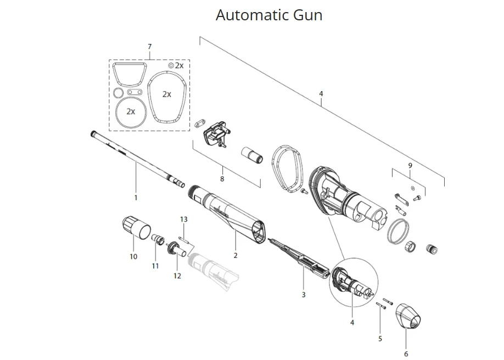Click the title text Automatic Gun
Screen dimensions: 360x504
pyautogui.click(x=269, y=15)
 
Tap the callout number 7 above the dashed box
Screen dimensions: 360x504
pyautogui.click(x=149, y=47)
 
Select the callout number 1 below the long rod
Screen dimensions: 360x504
pyautogui.click(x=136, y=197)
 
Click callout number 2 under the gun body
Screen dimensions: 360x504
pyautogui.click(x=236, y=256)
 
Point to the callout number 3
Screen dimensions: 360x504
pyautogui.click(x=304, y=295)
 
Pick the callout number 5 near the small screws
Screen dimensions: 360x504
pyautogui.click(x=380, y=339)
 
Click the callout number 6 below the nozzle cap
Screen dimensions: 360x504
pyautogui.click(x=406, y=354)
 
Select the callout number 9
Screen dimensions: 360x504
pyautogui.click(x=410, y=165)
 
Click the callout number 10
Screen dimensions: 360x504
pyautogui.click(x=133, y=256)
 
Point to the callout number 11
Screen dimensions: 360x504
pyautogui.click(x=155, y=266)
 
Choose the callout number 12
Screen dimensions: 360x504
pyautogui.click(x=177, y=275)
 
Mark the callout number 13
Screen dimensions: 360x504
pyautogui.click(x=184, y=219)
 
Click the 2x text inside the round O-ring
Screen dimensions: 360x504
pyautogui.click(x=131, y=111)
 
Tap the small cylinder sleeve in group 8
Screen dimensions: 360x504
pyautogui.click(x=254, y=155)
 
